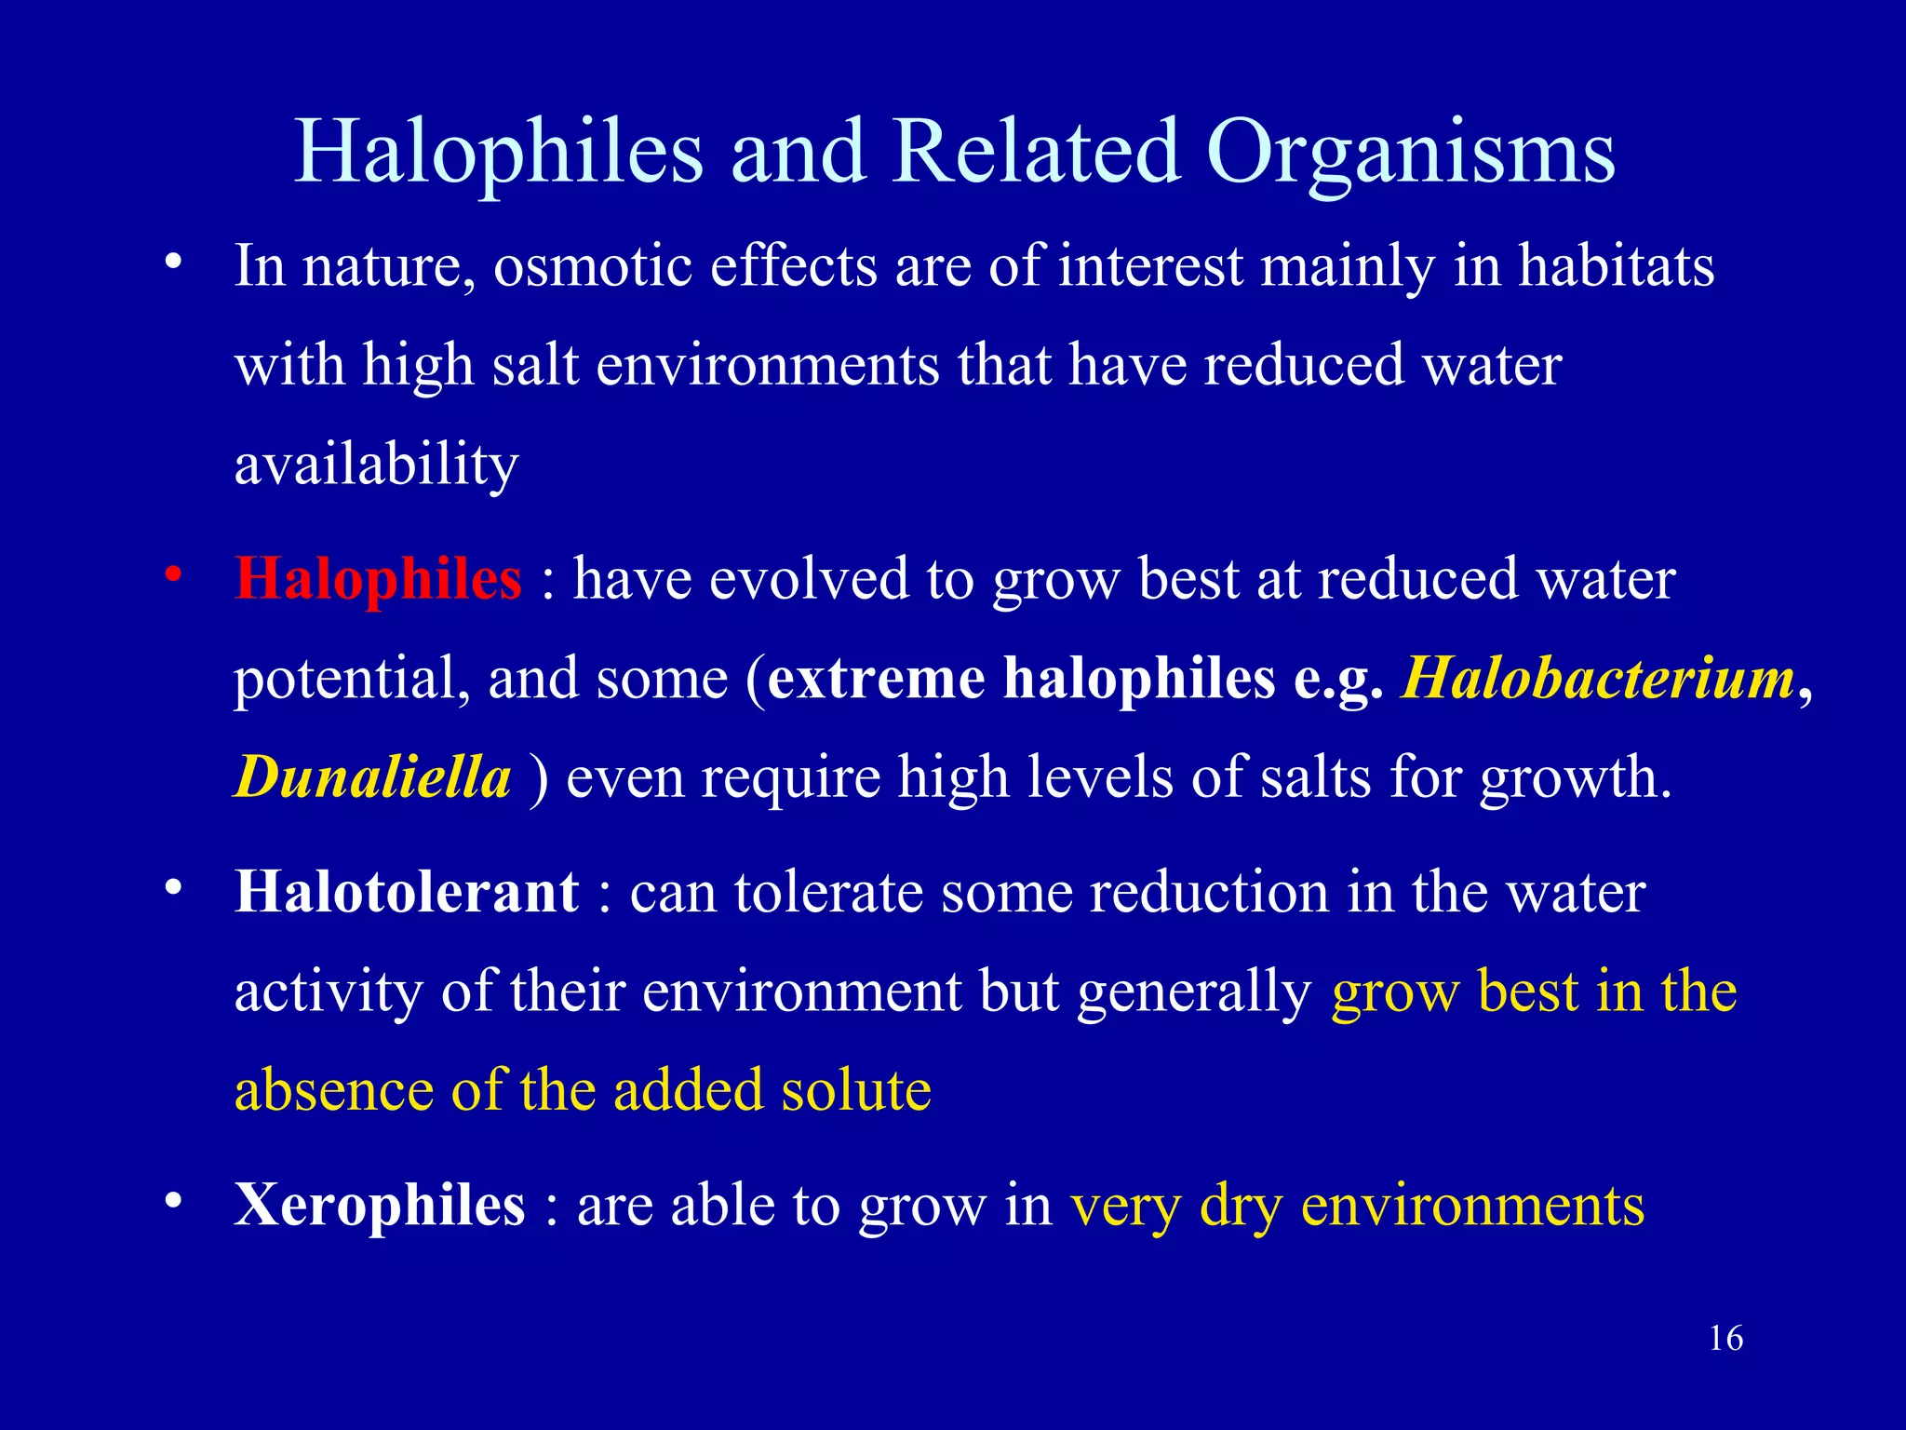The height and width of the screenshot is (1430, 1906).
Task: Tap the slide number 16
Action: pyautogui.click(x=1725, y=1339)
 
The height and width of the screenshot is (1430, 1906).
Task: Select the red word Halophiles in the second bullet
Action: pyautogui.click(x=378, y=579)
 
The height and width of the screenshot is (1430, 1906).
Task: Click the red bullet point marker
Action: pyautogui.click(x=172, y=576)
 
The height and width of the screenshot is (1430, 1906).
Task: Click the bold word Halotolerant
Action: pyautogui.click(x=407, y=892)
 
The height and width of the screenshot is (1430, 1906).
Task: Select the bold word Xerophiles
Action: pyautogui.click(x=380, y=1205)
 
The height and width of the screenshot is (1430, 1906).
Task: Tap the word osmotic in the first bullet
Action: pyautogui.click(x=592, y=266)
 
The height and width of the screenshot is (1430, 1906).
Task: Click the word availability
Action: pyautogui.click(x=376, y=464)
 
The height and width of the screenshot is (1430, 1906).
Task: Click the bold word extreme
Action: pyautogui.click(x=876, y=678)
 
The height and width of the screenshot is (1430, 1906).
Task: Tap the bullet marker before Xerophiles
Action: pyautogui.click(x=172, y=1202)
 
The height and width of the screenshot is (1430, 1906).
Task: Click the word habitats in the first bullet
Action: pyautogui.click(x=1616, y=266)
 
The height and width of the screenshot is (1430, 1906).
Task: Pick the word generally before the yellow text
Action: pyautogui.click(x=1194, y=992)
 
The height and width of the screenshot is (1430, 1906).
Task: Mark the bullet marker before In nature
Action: pyautogui.click(x=172, y=263)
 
